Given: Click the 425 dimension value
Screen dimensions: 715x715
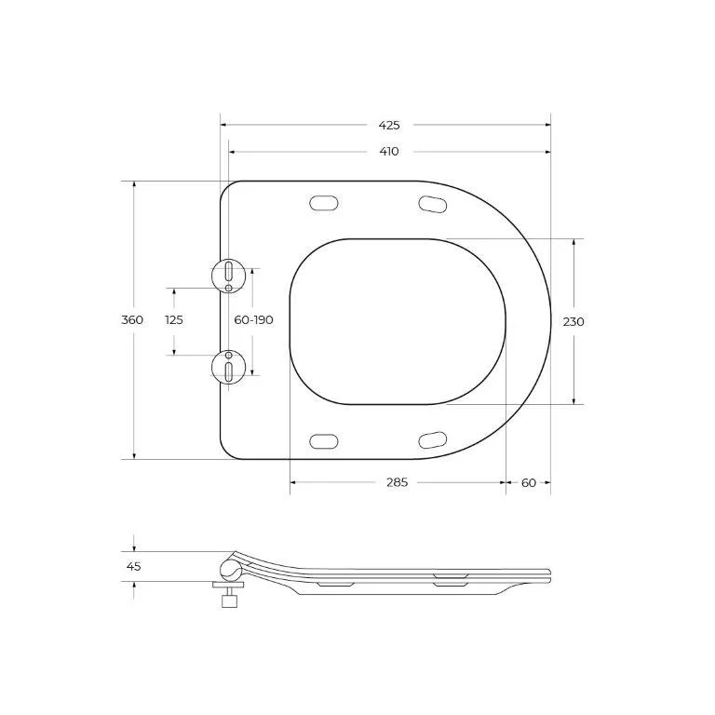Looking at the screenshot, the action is point(389,125).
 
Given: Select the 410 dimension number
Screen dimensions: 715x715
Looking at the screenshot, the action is point(389,152).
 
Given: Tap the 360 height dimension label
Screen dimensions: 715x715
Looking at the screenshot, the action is point(132,320).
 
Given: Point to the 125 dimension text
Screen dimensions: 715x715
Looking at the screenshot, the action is point(174,320).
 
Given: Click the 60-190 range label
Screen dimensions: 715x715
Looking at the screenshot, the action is point(253,320).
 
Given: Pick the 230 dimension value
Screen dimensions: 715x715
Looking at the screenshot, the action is point(573,322).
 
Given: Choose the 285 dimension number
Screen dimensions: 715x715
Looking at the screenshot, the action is point(398,482).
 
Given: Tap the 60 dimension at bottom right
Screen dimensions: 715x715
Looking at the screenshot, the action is point(529,482).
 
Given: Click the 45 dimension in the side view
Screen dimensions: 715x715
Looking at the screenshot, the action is point(134,567).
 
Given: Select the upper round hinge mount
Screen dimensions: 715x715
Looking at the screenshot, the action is point(228,276).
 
